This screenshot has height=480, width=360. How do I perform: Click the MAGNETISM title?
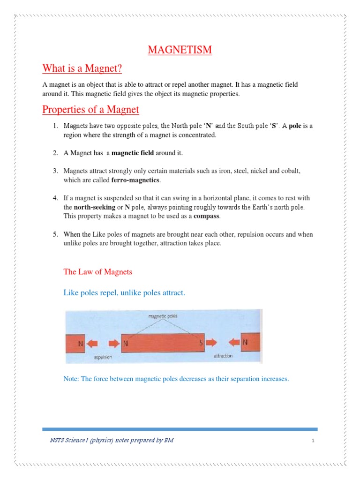click(180, 50)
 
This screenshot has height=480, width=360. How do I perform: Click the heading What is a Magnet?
click(82, 69)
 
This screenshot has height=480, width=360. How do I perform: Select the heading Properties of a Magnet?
click(90, 110)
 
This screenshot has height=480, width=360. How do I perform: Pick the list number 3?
click(55, 171)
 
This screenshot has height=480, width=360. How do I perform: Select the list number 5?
click(55, 234)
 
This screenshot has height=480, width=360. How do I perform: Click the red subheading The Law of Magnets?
click(97, 272)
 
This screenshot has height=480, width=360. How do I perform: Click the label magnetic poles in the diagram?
click(163, 316)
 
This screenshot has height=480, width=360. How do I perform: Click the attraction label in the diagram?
click(223, 356)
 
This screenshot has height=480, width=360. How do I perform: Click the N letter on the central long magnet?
click(126, 344)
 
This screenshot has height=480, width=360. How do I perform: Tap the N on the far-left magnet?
click(81, 344)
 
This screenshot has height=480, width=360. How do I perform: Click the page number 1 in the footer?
click(312, 441)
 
